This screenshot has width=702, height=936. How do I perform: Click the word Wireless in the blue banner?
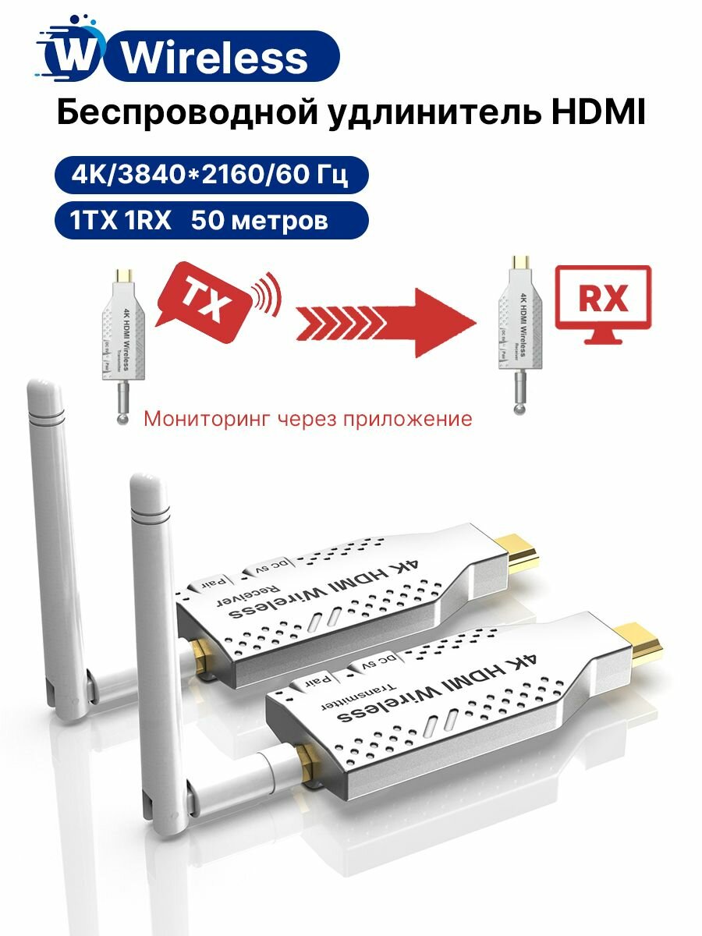pyautogui.click(x=215, y=58)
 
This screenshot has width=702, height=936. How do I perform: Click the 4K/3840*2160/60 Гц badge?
pyautogui.click(x=209, y=176)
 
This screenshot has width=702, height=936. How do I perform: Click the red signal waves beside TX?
pyautogui.click(x=265, y=296)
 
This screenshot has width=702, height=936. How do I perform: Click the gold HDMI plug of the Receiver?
pyautogui.click(x=518, y=551)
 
